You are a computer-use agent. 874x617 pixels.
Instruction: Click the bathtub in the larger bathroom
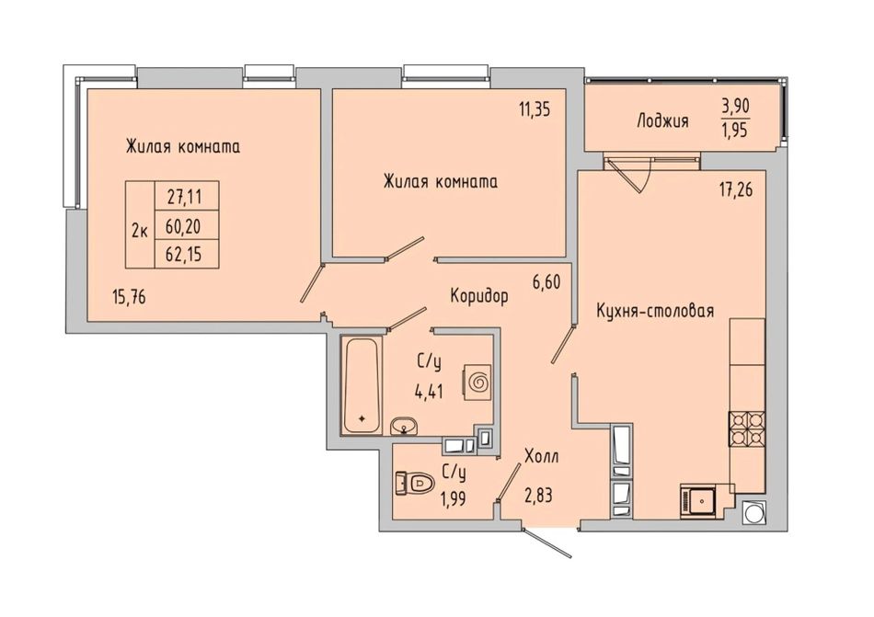[362, 384]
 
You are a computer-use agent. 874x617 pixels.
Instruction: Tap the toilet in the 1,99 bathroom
[415, 482]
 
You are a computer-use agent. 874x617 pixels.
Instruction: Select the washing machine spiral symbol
[477, 382]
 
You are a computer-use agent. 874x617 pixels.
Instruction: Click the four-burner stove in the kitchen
[747, 428]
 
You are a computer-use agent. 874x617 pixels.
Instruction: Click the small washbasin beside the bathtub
[403, 426]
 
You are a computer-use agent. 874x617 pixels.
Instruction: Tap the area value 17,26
[735, 190]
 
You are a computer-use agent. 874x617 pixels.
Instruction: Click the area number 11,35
[535, 109]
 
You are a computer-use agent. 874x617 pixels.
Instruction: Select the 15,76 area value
[129, 297]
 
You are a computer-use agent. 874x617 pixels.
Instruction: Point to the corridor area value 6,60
[546, 281]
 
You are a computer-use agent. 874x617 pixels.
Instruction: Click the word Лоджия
[662, 120]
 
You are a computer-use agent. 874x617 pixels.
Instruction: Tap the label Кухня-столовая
[655, 310]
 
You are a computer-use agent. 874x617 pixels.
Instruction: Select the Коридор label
[479, 296]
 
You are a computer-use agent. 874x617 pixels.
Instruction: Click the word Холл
[541, 457]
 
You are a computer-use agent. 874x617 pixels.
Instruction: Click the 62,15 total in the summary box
[184, 255]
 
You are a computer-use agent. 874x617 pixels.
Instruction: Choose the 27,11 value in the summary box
[184, 196]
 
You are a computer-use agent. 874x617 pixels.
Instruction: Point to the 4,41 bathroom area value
[429, 392]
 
